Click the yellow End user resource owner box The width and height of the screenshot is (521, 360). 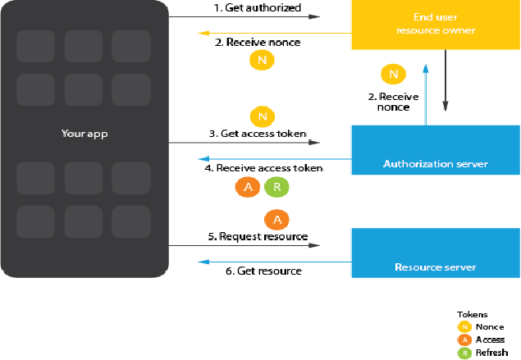(x=435, y=25)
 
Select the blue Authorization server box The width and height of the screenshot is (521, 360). (x=435, y=150)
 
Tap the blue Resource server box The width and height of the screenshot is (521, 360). (x=435, y=253)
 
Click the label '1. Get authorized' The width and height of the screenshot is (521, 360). (x=257, y=7)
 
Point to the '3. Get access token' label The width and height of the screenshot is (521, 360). (x=258, y=133)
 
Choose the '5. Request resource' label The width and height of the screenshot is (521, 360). (x=257, y=236)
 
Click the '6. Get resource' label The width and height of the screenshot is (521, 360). (x=263, y=271)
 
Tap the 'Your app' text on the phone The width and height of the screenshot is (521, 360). (x=85, y=134)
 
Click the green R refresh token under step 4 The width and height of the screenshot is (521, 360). (x=277, y=187)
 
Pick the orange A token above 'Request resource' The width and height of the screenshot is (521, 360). (x=276, y=219)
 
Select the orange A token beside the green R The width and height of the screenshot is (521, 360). (x=248, y=187)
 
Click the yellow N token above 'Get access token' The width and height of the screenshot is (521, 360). (x=264, y=116)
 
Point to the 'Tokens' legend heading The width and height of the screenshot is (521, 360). (x=473, y=314)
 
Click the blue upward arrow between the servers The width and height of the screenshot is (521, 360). (x=425, y=93)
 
